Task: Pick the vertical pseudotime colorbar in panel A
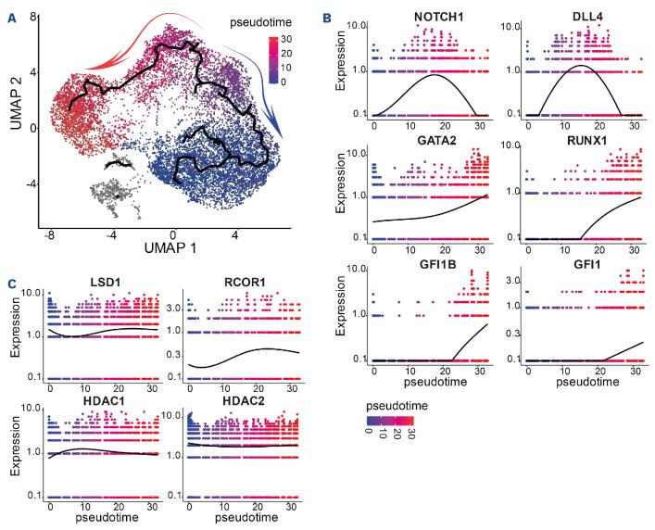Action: [273, 59]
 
